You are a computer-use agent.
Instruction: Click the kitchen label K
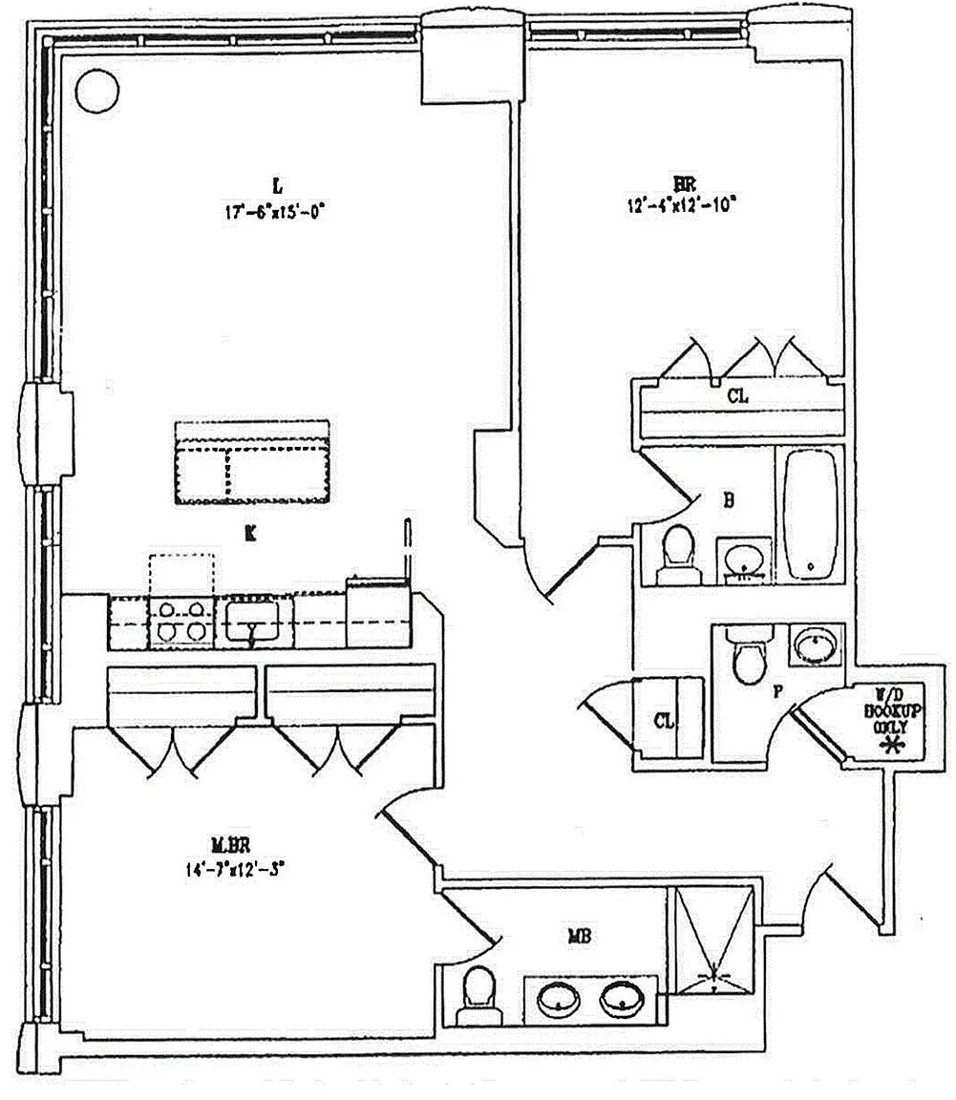[x=249, y=535]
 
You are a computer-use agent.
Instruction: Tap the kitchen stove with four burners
[x=181, y=620]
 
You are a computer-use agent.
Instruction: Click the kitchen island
[x=252, y=463]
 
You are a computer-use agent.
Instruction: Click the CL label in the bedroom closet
[x=737, y=396]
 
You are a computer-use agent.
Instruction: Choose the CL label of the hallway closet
[x=663, y=720]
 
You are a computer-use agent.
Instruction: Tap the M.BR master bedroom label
[x=230, y=844]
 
